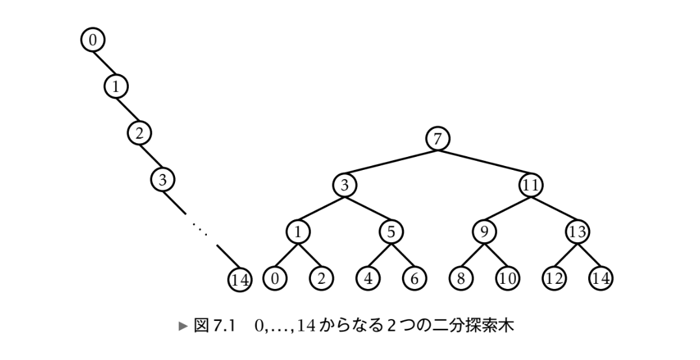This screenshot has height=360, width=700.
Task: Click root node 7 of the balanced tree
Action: [x=438, y=139]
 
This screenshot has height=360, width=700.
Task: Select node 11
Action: [x=531, y=186]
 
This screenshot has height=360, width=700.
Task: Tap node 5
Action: [x=391, y=232]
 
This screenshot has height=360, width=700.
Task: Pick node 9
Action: [x=484, y=232]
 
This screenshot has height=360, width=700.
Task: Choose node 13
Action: [x=577, y=232]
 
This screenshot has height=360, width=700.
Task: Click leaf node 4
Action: [x=368, y=278]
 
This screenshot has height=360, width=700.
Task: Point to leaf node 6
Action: [x=414, y=278]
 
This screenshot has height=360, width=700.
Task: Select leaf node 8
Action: [x=461, y=278]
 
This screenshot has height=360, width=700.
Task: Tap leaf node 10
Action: [x=507, y=278]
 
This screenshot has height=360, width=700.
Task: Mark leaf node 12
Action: [x=554, y=278]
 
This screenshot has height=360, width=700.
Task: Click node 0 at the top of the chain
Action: [x=92, y=40]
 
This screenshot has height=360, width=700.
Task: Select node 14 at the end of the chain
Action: [x=239, y=280]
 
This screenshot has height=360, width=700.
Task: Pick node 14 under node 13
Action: [x=600, y=278]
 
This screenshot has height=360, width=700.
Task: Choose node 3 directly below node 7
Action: [x=345, y=186]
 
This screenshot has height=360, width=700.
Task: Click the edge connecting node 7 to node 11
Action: [x=485, y=162]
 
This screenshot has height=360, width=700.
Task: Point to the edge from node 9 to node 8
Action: [x=472, y=255]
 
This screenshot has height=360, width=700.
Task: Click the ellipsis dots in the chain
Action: [x=198, y=227]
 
